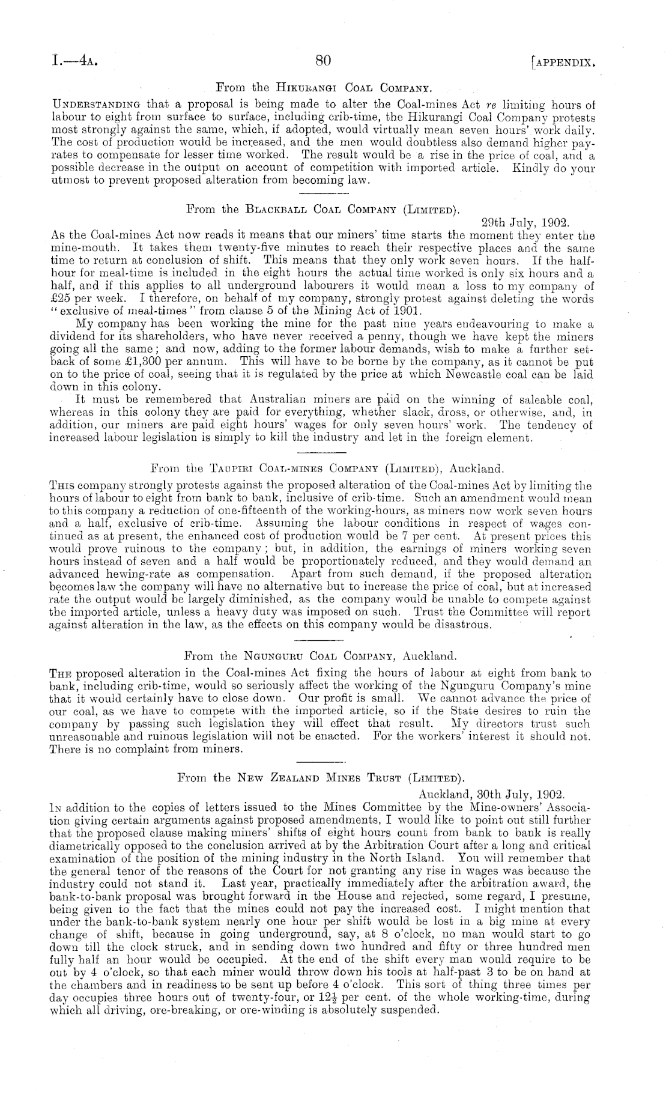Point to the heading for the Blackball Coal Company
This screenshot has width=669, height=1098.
(x=324, y=210)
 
